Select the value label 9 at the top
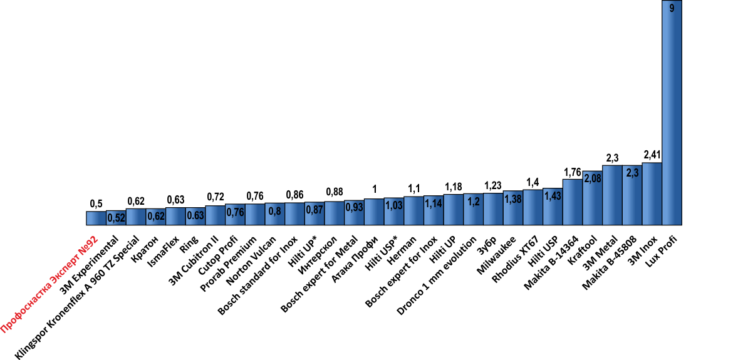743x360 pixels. point(672,9)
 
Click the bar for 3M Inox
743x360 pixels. point(652,194)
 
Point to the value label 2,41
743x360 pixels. point(652,155)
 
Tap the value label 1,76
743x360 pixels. point(573,172)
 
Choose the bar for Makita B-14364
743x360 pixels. point(573,202)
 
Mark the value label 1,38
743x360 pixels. point(513,198)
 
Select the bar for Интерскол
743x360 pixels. point(334,213)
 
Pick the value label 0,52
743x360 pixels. point(115,218)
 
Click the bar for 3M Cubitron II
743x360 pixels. point(215,215)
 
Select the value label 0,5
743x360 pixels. point(96,203)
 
